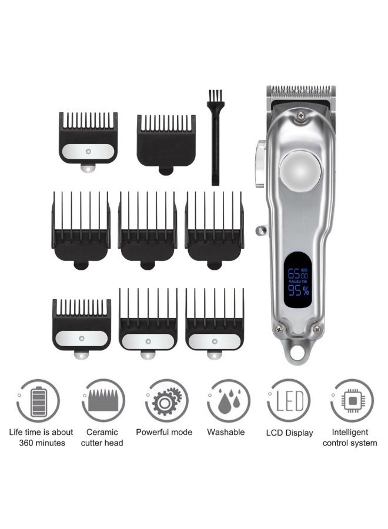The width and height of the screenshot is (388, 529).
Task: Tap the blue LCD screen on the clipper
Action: [x=297, y=279]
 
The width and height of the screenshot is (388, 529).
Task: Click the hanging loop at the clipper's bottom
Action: [x=296, y=352]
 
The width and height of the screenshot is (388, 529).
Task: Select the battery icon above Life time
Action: [x=37, y=401]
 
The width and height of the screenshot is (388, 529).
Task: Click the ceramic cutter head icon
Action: [x=103, y=401]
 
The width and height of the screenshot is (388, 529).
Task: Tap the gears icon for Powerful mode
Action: [x=166, y=401]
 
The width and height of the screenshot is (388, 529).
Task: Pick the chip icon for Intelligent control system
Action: [x=352, y=401]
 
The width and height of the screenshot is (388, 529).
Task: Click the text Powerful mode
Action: [x=164, y=432]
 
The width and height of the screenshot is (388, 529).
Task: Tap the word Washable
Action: [x=226, y=432]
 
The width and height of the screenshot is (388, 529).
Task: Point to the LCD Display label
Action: [x=290, y=433]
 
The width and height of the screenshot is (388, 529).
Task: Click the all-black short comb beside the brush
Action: [x=166, y=141]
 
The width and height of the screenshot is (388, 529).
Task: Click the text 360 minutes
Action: [x=41, y=443]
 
